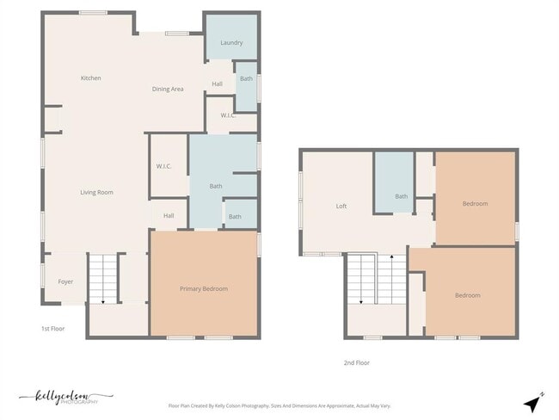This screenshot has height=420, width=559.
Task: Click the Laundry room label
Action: [231, 43]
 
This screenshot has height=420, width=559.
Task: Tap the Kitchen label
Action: [90, 77]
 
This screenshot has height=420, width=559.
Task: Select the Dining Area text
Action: [168, 89]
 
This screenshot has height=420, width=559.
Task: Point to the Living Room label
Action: [96, 192]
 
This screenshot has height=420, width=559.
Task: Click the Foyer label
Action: [65, 282]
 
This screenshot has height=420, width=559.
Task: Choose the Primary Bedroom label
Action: [204, 288]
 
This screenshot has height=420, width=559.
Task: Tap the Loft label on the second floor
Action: [341, 206]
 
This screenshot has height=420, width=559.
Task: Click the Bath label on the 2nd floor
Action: [401, 196]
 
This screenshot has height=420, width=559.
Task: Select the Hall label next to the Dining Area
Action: [217, 83]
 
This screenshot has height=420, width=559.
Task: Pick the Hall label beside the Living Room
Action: [169, 215]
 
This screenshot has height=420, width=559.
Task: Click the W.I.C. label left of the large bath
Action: [163, 166]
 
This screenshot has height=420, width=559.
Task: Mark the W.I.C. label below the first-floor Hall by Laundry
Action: [228, 115]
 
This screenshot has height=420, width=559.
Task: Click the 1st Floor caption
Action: [52, 329]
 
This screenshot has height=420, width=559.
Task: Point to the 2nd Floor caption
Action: [357, 363]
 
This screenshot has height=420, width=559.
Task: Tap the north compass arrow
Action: [532, 404]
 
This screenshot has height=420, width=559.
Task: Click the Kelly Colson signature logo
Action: [65, 397]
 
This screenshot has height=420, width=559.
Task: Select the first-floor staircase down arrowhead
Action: [103, 302]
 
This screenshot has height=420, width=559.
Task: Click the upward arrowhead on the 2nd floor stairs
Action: [392, 256]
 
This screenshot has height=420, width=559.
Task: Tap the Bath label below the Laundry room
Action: [246, 78]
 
